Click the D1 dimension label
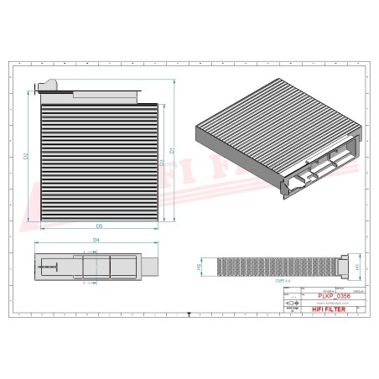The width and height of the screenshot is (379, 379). tap(172, 151)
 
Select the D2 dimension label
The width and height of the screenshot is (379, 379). tap(27, 156)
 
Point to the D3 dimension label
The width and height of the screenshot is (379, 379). tap(161, 161)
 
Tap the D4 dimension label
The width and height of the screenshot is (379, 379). tap(96, 241)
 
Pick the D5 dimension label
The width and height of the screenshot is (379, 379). tap(98, 226)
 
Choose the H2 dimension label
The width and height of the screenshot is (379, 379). tap(199, 267)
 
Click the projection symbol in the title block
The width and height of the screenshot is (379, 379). tap(292, 300)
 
